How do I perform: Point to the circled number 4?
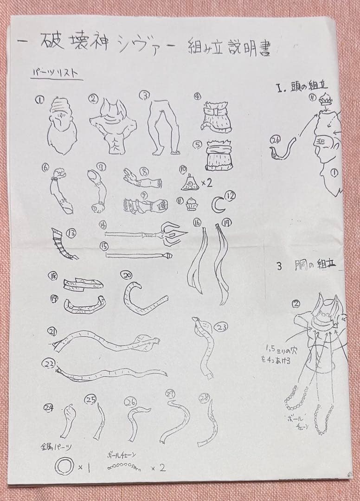point(198,97)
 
